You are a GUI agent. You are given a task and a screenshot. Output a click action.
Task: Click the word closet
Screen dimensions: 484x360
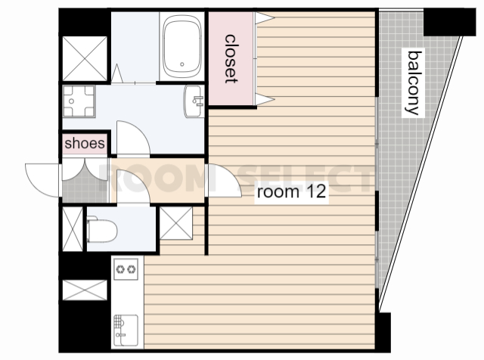231,59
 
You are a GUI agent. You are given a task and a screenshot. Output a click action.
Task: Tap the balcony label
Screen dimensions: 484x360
414,82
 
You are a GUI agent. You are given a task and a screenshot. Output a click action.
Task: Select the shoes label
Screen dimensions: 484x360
85,143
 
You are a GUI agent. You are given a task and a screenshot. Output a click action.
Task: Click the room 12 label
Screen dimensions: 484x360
291,191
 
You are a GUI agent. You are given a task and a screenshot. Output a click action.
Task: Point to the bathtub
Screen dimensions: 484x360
182,47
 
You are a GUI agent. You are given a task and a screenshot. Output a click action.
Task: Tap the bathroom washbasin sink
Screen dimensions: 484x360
194,101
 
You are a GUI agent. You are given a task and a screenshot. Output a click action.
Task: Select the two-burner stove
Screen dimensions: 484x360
126,269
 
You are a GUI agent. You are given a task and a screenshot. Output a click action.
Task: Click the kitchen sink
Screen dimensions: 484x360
126,331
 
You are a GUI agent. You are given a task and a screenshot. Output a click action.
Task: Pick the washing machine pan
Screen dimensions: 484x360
79,101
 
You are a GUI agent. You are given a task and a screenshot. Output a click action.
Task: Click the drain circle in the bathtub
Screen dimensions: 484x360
182,64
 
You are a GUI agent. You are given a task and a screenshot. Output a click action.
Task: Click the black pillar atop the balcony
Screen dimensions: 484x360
449,22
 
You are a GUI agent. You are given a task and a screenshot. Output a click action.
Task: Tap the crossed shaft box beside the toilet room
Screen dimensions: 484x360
176,223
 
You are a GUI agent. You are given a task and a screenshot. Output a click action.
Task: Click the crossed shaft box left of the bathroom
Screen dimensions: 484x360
85,59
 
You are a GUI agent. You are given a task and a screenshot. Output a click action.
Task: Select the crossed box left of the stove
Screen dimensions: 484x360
85,290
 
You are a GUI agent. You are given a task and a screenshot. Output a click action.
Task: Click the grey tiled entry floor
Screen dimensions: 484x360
85,188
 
